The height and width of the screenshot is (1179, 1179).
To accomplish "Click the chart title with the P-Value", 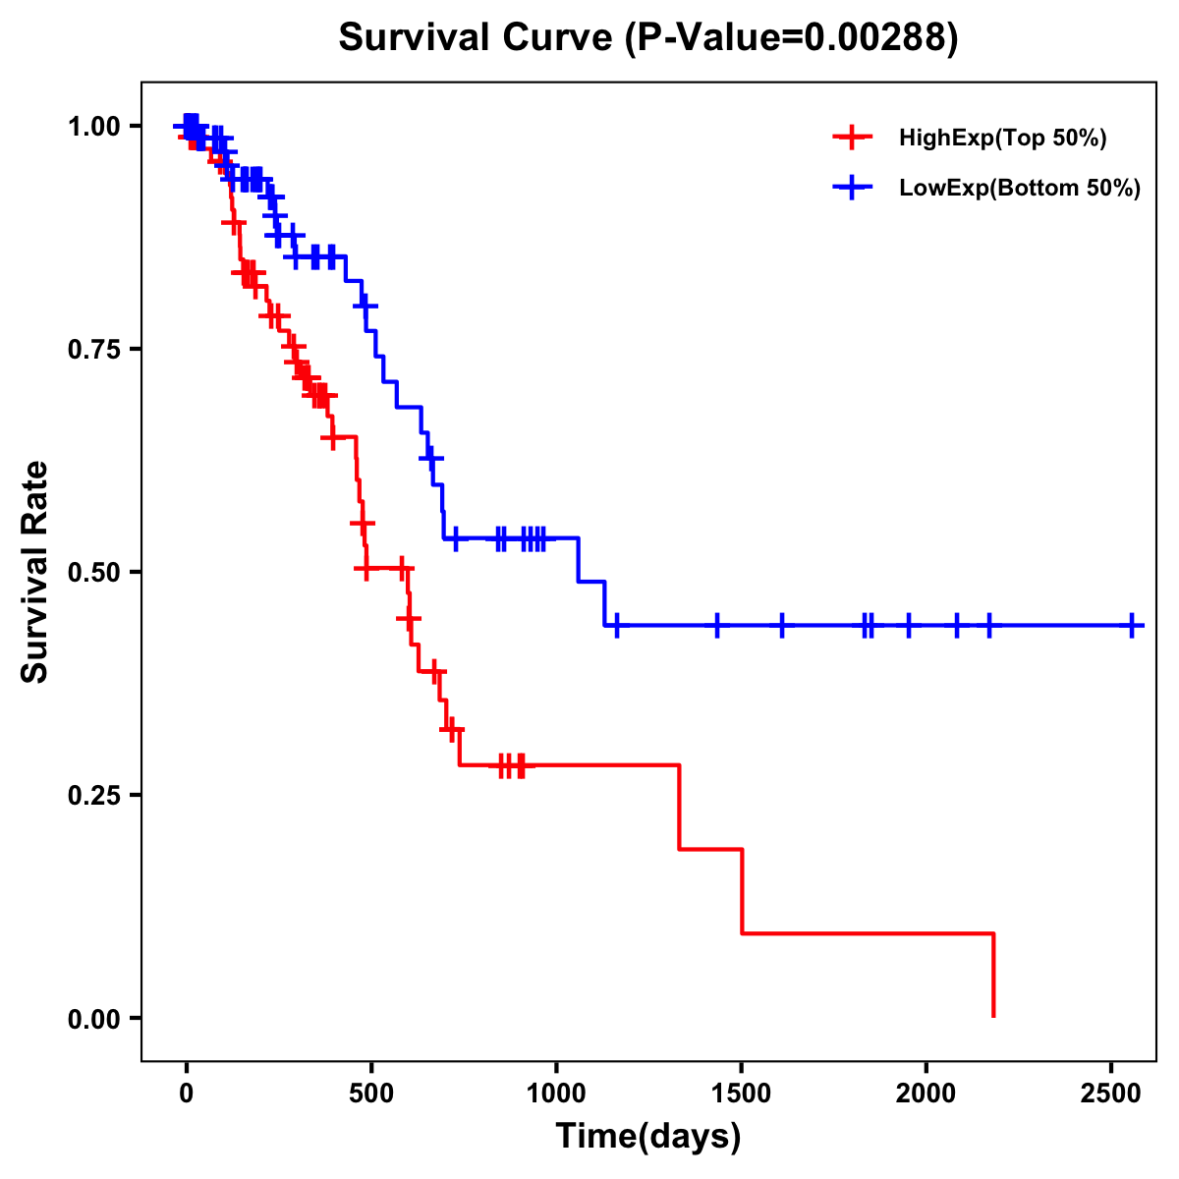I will [648, 37].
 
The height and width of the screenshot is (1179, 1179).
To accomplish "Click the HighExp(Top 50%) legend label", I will [1002, 139].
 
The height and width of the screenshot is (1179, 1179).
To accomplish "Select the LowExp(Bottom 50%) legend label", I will [1020, 188].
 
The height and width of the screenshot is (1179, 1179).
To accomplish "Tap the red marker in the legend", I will [852, 139].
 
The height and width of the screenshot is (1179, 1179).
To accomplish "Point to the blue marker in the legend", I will [852, 188].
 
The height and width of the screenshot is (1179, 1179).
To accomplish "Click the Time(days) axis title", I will [648, 1137].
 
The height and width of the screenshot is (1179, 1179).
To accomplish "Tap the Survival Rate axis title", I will [35, 571].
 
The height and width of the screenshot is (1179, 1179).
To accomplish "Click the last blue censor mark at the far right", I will [1132, 625].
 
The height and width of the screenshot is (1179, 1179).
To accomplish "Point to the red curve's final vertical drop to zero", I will [993, 975].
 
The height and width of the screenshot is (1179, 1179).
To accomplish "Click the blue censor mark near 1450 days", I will [717, 625].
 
